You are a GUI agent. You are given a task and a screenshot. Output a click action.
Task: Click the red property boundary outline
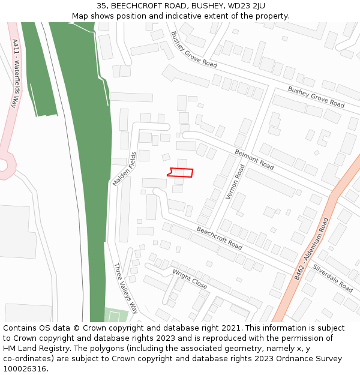181,173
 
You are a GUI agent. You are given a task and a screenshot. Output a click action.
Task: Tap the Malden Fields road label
125,169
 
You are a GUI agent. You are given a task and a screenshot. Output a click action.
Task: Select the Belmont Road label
254,159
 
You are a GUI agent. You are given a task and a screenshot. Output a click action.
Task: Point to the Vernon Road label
235,182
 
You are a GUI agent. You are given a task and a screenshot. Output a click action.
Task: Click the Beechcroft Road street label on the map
219,238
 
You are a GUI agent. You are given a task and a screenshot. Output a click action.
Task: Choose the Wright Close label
190,279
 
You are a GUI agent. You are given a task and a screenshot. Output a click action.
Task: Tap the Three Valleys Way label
125,289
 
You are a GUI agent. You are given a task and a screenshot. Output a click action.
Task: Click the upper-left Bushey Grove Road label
193,49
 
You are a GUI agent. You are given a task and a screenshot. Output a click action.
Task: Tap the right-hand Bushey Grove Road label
316,97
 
